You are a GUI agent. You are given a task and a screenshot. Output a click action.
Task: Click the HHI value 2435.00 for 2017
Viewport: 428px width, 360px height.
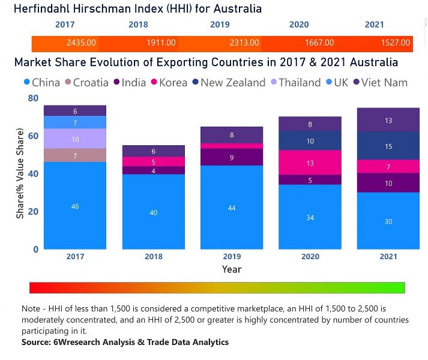point(81,43)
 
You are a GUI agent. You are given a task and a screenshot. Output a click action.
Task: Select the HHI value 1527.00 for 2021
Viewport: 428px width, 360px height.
point(396,43)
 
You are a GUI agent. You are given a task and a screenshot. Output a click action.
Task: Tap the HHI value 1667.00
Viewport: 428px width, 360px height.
point(319,43)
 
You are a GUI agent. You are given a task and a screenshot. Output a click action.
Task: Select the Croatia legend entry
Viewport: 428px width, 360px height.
point(91,83)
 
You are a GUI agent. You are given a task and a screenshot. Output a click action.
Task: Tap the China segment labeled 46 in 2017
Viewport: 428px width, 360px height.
point(75,206)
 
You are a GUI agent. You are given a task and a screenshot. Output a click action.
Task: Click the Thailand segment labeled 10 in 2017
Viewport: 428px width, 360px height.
point(75,139)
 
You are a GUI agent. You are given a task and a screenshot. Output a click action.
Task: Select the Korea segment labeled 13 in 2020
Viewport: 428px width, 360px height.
point(310,163)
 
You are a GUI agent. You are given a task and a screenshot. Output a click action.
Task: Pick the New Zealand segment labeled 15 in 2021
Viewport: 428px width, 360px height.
point(388,146)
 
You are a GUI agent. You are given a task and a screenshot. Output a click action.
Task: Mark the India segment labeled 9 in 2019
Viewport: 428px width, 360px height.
point(232,157)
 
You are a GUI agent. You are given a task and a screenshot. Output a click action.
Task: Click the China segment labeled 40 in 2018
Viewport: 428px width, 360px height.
point(154,212)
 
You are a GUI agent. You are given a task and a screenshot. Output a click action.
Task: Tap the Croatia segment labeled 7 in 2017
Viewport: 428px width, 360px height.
point(75,155)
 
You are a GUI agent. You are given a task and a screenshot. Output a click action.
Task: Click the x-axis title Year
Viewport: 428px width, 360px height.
point(232,269)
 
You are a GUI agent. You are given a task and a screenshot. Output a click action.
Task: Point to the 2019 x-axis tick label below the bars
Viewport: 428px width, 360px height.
point(232,257)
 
